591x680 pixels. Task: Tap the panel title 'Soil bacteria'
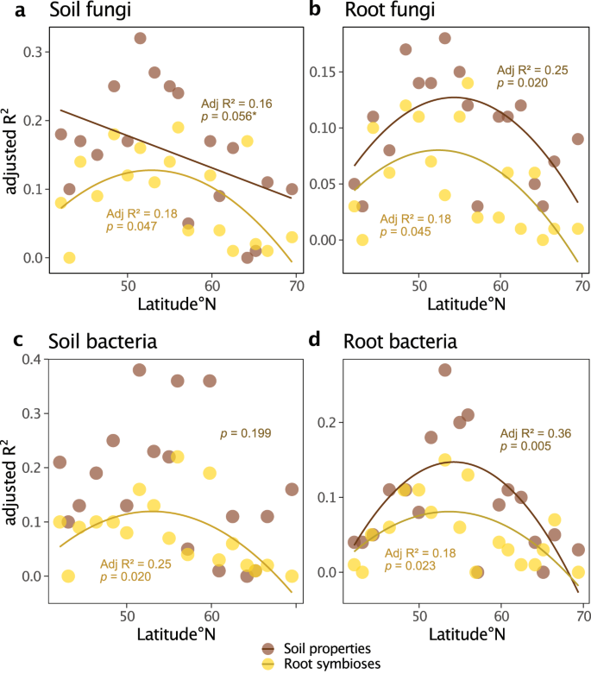coord(96,341)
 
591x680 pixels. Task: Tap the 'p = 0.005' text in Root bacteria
coord(527,447)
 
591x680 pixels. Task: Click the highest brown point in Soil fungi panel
coord(140,38)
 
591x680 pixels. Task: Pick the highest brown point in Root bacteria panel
coord(445,369)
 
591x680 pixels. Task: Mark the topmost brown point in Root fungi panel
coord(445,38)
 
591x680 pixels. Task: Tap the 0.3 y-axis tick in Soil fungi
coord(34,52)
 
